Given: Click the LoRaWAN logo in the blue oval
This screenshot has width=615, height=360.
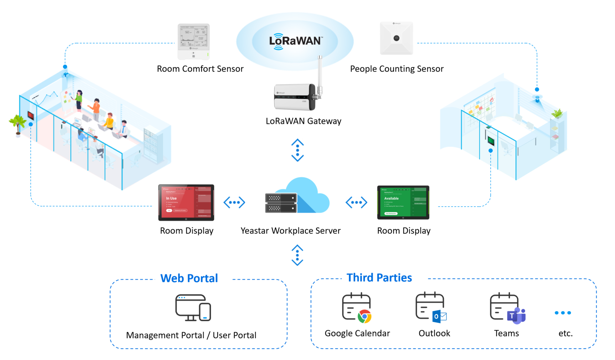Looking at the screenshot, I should (296, 41).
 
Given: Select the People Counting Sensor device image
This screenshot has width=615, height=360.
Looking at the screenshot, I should (396, 38).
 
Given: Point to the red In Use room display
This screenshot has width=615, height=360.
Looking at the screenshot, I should (186, 202).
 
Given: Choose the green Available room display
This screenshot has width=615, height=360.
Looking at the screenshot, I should (403, 202).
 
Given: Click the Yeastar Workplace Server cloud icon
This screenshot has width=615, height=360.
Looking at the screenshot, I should (298, 197).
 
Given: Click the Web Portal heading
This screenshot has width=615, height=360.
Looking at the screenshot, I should (189, 278).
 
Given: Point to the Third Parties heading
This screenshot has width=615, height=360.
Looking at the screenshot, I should (379, 278).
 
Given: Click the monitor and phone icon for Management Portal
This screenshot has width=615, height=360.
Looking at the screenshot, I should (193, 308).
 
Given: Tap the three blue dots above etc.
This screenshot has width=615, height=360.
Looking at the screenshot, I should (563, 313).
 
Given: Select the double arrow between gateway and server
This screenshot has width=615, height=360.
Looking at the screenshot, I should (298, 150).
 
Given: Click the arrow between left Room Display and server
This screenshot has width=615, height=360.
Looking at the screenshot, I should (234, 202).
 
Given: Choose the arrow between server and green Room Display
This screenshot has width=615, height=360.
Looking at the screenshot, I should (356, 202).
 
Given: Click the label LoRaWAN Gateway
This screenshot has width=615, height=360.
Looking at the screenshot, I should (304, 121).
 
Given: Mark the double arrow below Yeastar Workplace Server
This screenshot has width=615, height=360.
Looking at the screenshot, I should (297, 255).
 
